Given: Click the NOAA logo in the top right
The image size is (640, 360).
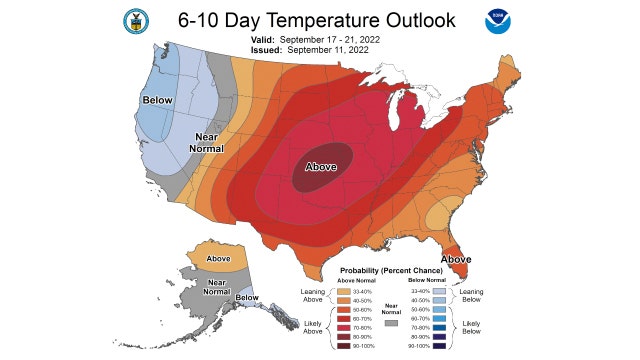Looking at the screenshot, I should click(497, 21).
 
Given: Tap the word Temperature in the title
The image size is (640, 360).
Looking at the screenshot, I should click(321, 20).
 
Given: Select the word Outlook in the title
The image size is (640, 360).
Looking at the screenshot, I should click(420, 20).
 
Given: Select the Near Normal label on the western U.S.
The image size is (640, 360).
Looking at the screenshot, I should click(205, 141).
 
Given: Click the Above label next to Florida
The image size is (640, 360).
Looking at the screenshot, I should click(456, 259).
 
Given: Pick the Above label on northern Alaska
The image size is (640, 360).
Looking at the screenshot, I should click(217, 259).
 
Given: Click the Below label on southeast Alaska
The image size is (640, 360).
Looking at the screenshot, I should click(247, 298).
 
